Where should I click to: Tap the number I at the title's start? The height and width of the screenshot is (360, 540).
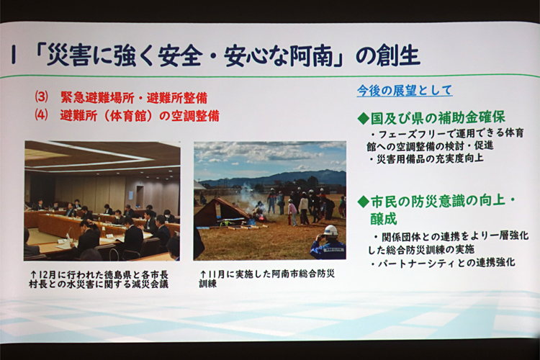tap(14, 55)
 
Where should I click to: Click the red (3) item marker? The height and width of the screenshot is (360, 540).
tap(41, 96)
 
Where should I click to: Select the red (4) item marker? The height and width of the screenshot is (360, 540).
tap(41, 114)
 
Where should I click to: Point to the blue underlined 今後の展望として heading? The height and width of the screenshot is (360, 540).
tap(405, 91)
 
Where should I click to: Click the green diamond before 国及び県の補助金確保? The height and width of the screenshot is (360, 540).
tap(363, 119)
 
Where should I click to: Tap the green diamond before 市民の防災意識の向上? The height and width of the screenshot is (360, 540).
tap(364, 202)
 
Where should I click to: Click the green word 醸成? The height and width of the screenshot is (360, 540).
tap(384, 219)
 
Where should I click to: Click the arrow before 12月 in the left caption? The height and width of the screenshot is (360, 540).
tap(33, 275)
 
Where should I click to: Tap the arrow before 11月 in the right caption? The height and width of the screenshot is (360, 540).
tap(204, 274)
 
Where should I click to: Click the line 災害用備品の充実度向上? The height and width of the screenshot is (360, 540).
tap(430, 159)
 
